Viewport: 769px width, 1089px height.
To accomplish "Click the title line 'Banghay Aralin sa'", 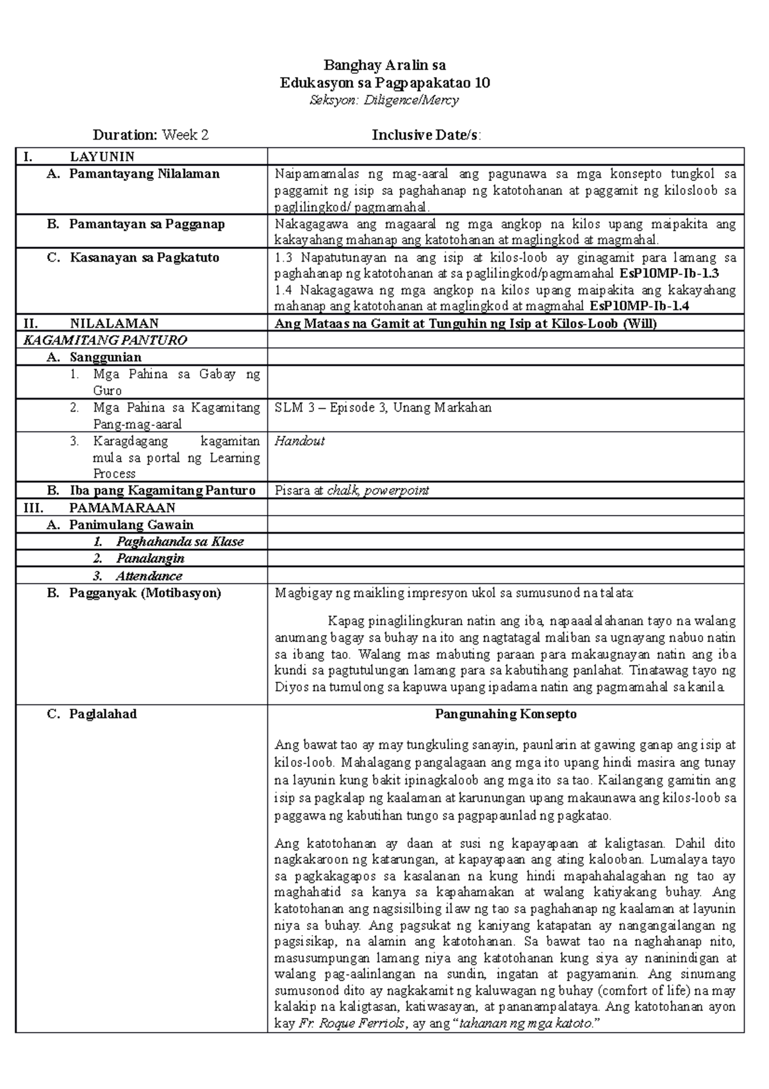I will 384,65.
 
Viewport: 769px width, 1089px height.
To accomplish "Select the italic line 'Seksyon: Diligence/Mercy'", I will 384,100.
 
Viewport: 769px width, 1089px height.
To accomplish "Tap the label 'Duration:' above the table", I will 125,135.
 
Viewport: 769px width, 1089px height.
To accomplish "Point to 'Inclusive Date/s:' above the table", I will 427,135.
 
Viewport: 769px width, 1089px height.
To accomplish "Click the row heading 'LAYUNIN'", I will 102,156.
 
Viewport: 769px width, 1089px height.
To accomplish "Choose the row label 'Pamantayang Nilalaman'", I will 144,174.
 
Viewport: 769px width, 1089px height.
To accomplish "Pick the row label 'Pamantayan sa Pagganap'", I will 147,224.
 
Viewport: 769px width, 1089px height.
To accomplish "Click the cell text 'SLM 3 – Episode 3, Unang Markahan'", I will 383,408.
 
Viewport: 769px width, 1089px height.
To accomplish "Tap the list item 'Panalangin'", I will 150,559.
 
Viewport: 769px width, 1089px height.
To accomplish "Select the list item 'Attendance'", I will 149,576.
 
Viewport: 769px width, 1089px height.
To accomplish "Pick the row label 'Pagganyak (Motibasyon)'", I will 145,593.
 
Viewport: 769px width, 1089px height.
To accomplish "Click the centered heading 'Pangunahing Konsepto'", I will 506,714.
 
